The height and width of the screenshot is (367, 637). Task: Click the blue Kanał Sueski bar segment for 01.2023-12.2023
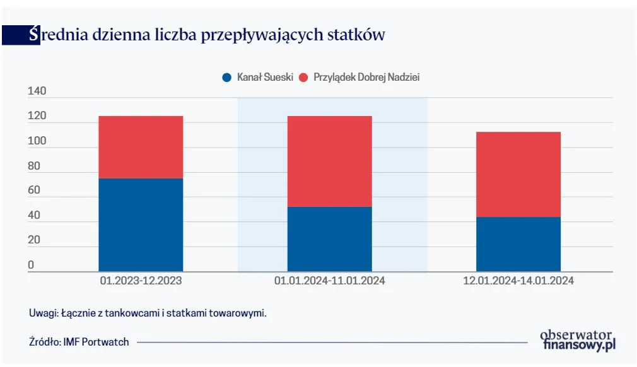(x=141, y=224)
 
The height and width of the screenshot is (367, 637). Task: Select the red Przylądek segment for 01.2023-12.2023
(x=141, y=147)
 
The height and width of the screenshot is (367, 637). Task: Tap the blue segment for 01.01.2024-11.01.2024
(x=329, y=239)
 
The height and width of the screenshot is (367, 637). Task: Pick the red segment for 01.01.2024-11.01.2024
(x=329, y=161)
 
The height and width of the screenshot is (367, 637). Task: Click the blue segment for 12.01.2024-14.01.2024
(x=518, y=244)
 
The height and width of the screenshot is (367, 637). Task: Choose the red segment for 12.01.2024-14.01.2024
(x=518, y=174)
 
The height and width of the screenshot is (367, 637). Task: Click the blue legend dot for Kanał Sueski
(x=227, y=78)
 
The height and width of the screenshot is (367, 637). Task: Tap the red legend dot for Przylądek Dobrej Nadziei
(x=303, y=78)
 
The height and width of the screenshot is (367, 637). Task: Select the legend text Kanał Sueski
(x=265, y=78)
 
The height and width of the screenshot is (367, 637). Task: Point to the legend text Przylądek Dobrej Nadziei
(x=366, y=78)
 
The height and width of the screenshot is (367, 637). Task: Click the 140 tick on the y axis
(x=37, y=92)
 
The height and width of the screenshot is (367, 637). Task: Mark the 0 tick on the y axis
(x=30, y=265)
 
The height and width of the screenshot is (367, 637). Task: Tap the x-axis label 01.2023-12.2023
(x=141, y=281)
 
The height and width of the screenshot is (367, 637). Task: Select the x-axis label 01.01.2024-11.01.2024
(x=329, y=281)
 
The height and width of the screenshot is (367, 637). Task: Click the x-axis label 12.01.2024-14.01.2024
(x=518, y=281)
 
